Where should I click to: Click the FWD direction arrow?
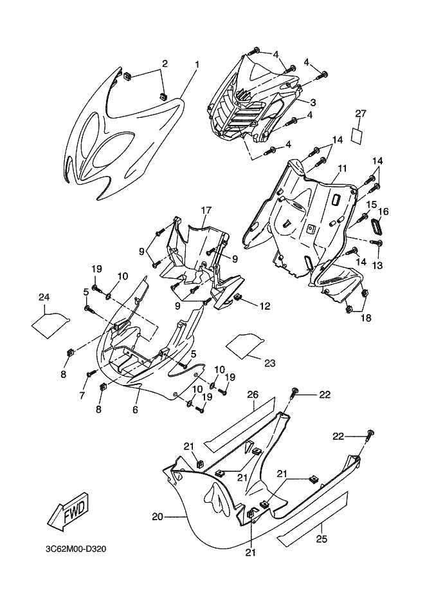(67, 513)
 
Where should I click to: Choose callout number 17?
(206, 210)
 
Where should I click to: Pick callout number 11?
(341, 168)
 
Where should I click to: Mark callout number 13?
(377, 265)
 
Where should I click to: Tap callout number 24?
(44, 297)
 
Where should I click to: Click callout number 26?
(253, 394)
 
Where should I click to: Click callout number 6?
(136, 409)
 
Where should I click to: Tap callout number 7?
(82, 396)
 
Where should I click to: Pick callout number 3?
(312, 102)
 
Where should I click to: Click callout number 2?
(165, 64)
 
